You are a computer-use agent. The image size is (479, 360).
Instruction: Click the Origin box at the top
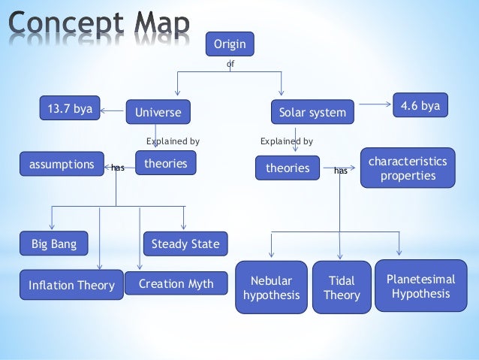point(230,44)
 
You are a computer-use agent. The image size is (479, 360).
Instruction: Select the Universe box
point(158,113)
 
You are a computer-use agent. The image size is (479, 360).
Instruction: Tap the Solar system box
point(312,113)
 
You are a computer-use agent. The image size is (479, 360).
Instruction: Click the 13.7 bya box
point(70,109)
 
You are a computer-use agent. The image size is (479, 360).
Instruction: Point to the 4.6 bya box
point(420,106)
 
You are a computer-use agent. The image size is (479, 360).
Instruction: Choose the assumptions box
point(62,163)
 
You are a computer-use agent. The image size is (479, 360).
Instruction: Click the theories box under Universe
point(165,162)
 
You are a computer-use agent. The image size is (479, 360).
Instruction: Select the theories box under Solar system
point(287,168)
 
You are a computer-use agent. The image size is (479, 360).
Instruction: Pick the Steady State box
point(185,244)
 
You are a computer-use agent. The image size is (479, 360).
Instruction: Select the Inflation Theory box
point(71,285)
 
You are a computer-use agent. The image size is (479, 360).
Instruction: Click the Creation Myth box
point(176,283)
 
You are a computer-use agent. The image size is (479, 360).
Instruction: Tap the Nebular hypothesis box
point(271,288)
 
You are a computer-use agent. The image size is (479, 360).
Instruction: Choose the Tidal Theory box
point(342,288)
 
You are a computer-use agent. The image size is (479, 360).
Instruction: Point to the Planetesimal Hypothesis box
point(420,286)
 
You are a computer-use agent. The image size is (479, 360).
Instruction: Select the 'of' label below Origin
point(230,65)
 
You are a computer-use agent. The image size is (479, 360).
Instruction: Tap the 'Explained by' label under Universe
point(173,141)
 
